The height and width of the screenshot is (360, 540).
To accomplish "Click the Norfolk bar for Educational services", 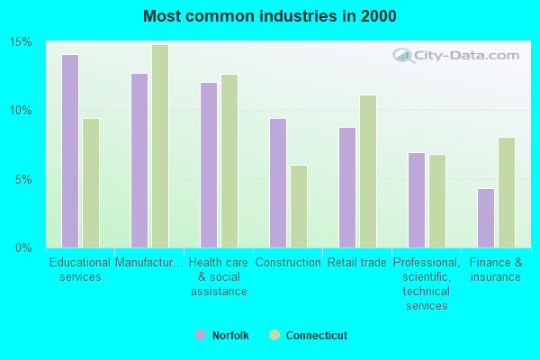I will tap(70, 151).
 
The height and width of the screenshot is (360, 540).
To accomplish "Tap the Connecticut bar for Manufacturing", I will tap(160, 146).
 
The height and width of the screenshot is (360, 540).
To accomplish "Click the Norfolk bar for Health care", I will tap(209, 165).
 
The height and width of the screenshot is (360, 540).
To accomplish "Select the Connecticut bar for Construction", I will tap(299, 206).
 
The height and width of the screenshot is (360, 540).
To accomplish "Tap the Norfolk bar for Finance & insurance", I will tap(486, 218).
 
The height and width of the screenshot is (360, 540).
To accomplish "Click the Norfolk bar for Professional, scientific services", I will tap(417, 200).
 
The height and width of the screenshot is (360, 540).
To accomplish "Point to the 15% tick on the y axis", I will tap(22, 42).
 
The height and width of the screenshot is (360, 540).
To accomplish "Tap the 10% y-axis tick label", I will tap(22, 111).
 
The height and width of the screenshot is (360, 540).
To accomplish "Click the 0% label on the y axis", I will tap(24, 247).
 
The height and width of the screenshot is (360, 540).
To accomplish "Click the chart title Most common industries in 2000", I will tap(269, 16).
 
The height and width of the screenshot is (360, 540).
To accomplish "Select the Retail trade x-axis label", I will tap(357, 263).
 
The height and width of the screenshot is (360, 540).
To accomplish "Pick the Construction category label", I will tap(288, 263).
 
